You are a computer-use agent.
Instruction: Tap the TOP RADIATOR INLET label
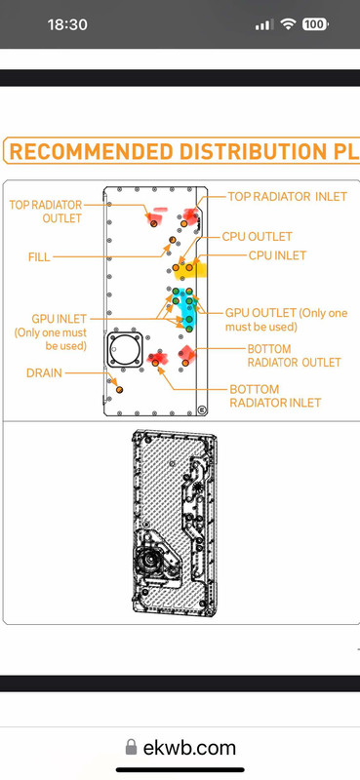287,197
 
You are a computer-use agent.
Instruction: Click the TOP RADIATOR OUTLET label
45,212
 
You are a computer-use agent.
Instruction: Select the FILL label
39,257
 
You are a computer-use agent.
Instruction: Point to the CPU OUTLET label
257,236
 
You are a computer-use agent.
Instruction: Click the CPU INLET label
277,255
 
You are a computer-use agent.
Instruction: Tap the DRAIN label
44,372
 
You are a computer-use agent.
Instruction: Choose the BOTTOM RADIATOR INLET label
275,396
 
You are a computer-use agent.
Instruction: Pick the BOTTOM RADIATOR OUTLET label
294,355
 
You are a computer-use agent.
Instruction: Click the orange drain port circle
119,389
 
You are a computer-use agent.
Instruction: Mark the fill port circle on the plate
173,240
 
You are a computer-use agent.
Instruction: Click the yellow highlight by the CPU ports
193,270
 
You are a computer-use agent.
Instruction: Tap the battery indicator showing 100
315,23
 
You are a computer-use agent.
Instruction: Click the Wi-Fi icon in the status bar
288,23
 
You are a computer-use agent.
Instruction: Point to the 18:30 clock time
67,24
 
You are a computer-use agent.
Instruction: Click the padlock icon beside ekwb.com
131,747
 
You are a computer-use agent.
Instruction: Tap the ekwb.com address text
189,748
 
